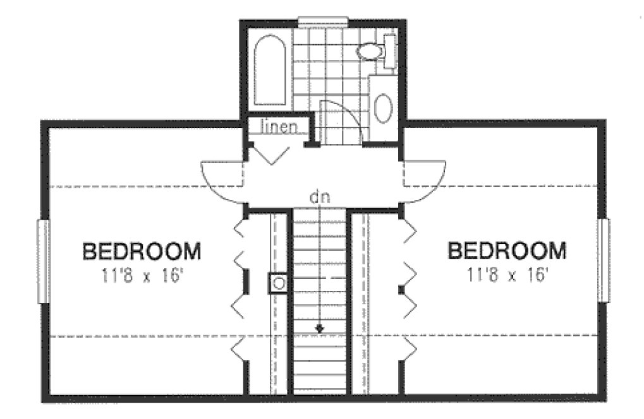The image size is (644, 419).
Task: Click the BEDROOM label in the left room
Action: (142, 252)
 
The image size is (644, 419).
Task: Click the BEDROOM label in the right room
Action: (507, 251)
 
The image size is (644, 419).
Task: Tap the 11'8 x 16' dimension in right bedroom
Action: (507, 276)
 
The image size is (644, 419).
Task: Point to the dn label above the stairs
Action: (319, 197)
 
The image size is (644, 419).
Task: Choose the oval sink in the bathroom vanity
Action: (383, 109)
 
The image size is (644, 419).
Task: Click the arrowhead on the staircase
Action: (320, 328)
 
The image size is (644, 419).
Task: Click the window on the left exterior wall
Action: (43, 261)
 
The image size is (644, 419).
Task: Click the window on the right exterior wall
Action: (604, 259)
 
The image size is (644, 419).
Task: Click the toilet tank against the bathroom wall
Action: (390, 50)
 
